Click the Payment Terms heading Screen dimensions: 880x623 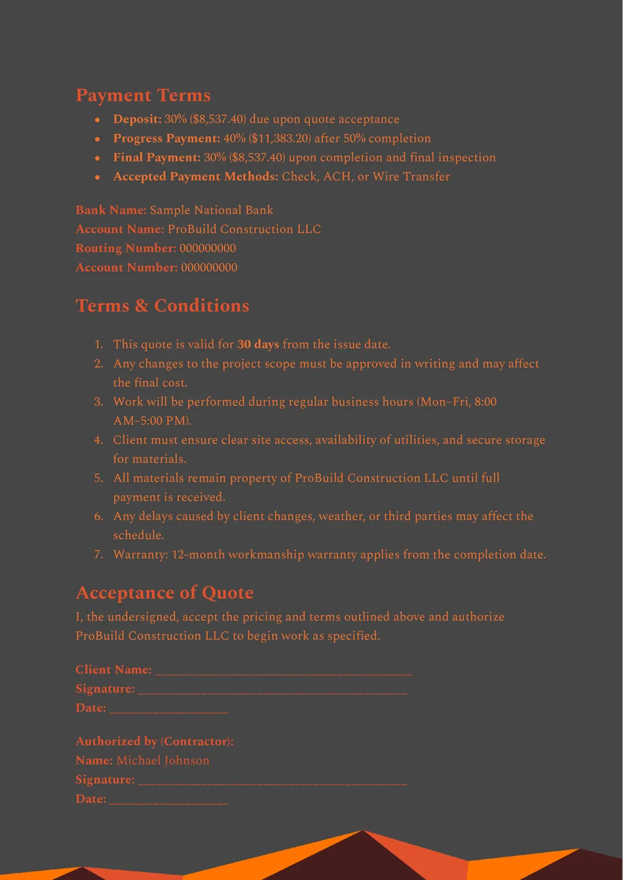coord(143,95)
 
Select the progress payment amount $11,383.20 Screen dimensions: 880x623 coord(267,138)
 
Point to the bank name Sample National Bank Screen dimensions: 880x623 coord(211,210)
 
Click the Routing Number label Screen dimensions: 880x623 coord(126,249)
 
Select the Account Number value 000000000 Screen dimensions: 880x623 coord(209,267)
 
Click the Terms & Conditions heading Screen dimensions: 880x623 coord(162,306)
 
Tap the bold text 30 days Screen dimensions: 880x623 coord(258,345)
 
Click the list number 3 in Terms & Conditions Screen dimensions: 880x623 coord(99,402)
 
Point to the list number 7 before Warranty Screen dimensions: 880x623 coord(99,555)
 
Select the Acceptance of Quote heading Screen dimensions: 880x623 coord(164,593)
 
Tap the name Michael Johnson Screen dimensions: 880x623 coord(163,761)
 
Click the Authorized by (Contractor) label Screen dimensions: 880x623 coord(154,741)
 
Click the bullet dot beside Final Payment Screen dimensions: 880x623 coord(97,158)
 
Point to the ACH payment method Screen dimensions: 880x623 coord(337,177)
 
